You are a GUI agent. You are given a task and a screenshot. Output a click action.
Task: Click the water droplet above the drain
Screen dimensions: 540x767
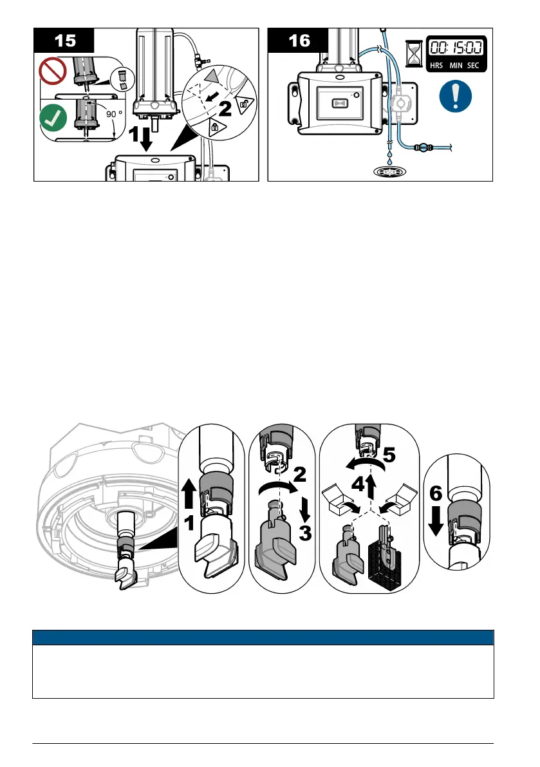pyautogui.click(x=389, y=155)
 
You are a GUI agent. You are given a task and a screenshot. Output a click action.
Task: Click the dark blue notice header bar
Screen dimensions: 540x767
pyautogui.click(x=263, y=638)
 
